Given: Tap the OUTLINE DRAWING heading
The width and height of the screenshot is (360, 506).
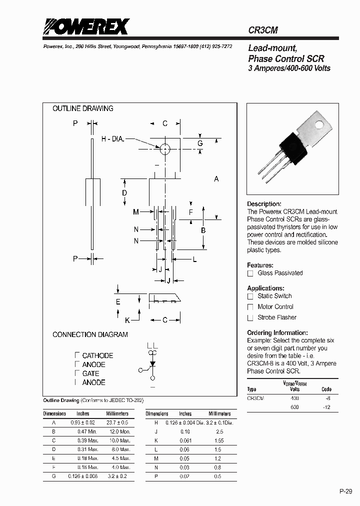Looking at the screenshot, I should coord(83,108).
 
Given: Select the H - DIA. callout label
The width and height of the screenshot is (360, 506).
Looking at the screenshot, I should coord(112,139).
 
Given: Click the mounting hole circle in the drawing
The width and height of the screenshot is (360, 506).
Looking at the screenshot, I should coord(164,148).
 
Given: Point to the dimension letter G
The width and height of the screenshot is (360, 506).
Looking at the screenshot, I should coord(200,143).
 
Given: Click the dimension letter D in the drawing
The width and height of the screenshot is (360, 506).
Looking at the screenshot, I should coord(124,193).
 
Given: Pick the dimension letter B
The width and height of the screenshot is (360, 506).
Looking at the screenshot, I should coord(203,230).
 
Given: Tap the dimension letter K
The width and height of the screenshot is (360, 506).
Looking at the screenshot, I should coord(127,319).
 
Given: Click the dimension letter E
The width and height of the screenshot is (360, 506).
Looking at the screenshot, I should coord(118,301).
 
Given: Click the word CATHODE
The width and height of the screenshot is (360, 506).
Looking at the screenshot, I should coord(97,355).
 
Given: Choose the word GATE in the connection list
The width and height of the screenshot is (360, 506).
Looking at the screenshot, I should coord(90,373).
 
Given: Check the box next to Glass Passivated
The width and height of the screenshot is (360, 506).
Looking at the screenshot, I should coord(250,273).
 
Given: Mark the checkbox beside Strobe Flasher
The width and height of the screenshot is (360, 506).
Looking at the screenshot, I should coord(250,318).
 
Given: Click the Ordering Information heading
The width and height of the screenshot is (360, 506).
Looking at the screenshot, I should coord(277,332).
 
